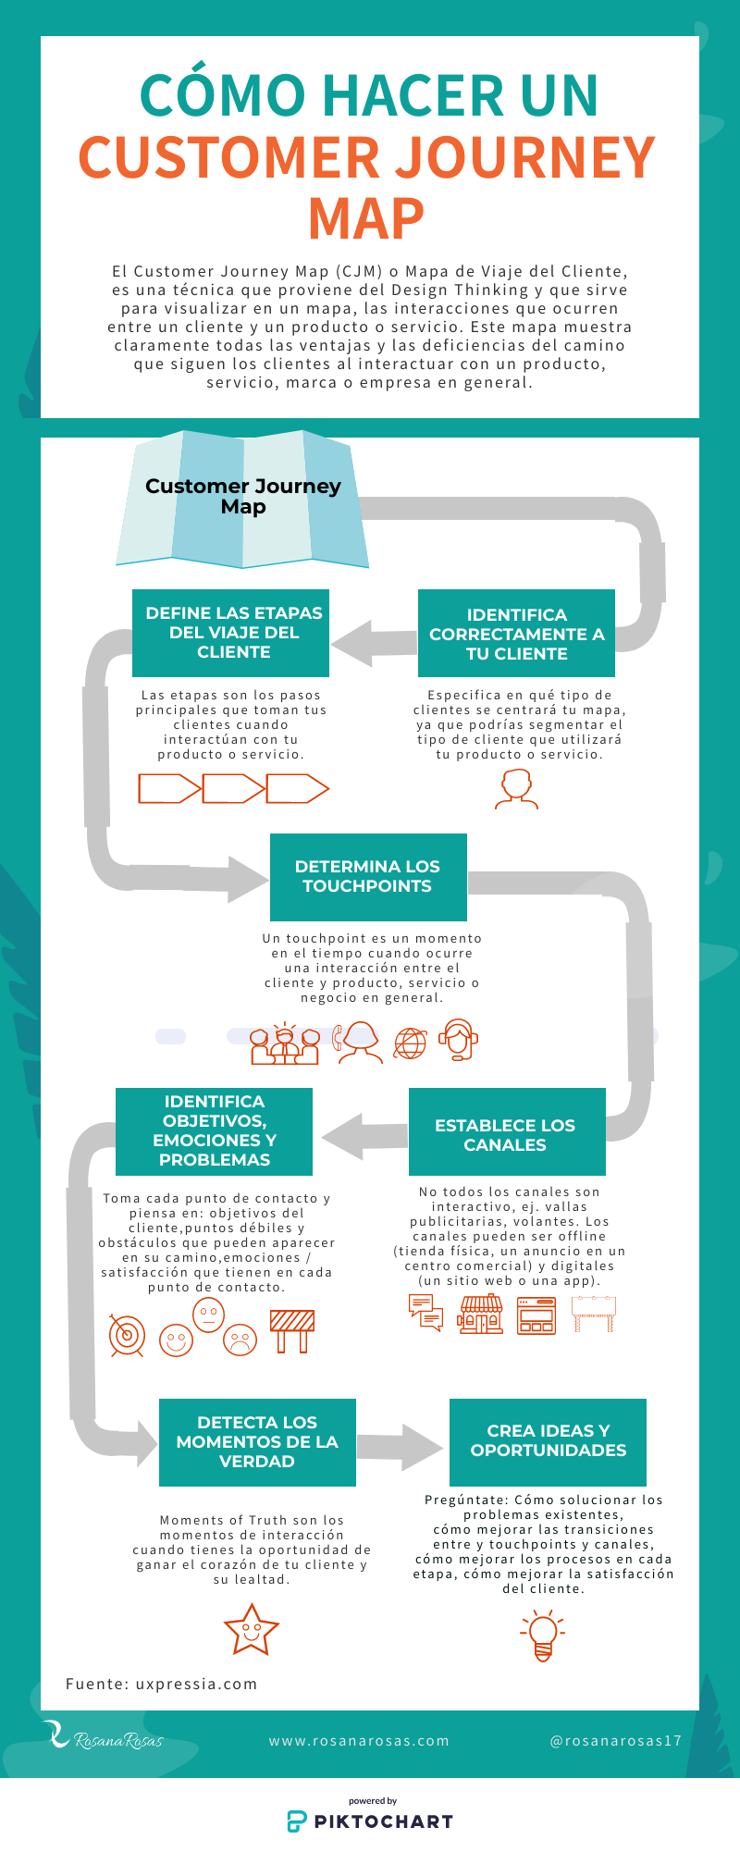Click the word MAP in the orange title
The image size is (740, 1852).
[366, 219]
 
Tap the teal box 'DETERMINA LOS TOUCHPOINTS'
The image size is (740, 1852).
[368, 876]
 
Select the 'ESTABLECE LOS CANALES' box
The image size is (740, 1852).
[506, 1134]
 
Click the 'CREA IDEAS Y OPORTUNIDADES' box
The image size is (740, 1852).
[548, 1440]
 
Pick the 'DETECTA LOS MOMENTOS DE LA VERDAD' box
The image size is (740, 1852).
[257, 1441]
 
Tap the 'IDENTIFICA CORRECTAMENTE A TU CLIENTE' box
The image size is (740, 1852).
[516, 634]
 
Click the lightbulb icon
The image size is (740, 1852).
[543, 1635]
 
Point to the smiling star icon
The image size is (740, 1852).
[251, 1628]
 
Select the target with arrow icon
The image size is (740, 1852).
[127, 1335]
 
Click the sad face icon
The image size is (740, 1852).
[240, 1340]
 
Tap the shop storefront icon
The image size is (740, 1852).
[481, 1314]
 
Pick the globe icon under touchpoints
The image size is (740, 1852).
[411, 1043]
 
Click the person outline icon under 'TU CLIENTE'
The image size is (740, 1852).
[516, 789]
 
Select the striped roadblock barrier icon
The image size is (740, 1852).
[292, 1330]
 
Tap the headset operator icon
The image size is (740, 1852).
[458, 1040]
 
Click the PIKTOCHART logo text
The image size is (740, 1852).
[383, 1821]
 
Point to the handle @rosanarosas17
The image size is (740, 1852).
[615, 1740]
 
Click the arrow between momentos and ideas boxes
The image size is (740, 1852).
[400, 1445]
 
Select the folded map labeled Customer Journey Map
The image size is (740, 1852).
[242, 500]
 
